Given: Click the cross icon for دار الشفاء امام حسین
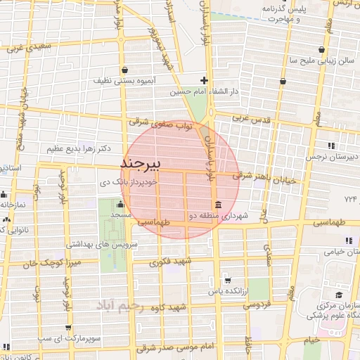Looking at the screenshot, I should [x=204, y=79].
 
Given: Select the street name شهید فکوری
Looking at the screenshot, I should [x=167, y=263].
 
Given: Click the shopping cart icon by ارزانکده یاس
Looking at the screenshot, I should [x=226, y=278].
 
